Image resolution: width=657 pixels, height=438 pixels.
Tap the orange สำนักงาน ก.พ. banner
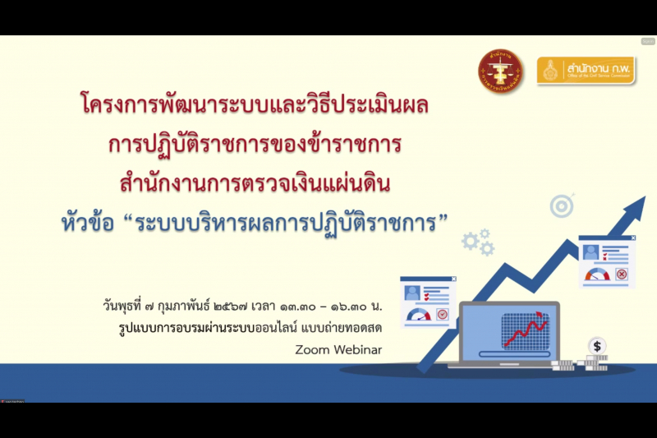tap(584, 71)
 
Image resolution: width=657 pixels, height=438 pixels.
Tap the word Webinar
tap(360, 349)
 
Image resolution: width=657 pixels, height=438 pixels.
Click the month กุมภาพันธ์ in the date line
tap(178, 307)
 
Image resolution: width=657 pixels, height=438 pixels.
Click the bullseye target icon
tap(563, 205)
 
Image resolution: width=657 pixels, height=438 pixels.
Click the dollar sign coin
tap(597, 346)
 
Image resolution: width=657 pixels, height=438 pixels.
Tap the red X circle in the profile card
tap(621, 274)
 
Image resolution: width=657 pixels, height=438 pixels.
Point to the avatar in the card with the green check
tap(412, 293)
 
